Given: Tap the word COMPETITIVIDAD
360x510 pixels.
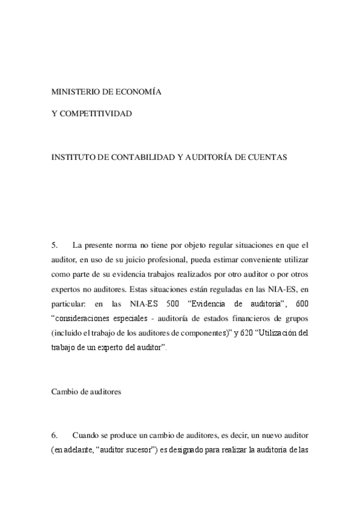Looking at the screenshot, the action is [x=97, y=113].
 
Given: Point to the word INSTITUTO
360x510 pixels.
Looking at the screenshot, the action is [x=73, y=157].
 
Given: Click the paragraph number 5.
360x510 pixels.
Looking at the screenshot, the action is [x=54, y=245].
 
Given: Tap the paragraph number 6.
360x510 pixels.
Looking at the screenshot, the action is [x=54, y=435].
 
